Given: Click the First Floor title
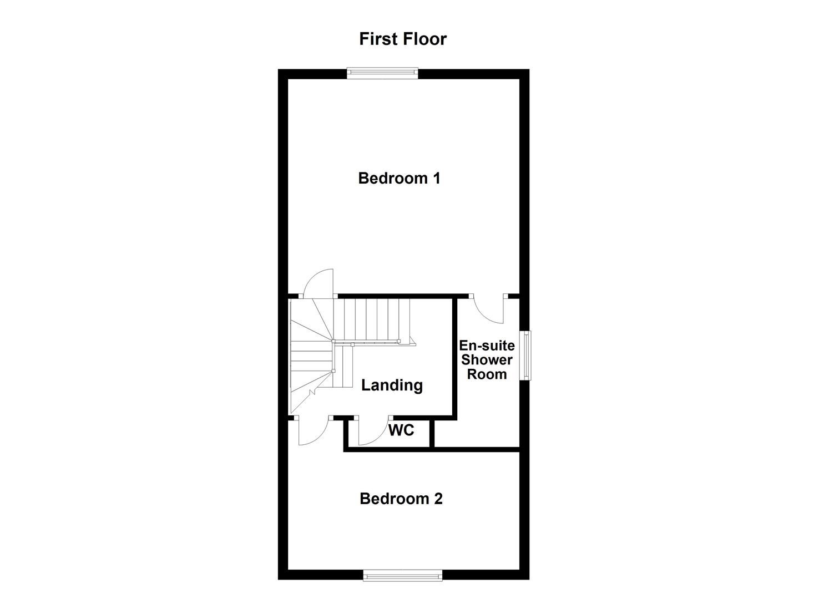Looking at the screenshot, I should coord(402,39).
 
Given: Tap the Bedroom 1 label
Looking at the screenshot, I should coord(399,178).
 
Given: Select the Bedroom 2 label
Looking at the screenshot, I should coord(401,499).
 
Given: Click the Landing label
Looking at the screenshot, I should coord(392,385).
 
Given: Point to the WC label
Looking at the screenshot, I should coord(401,430).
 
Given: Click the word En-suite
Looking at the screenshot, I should coord(487,346).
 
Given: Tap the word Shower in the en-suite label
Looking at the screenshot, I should coord(487,360).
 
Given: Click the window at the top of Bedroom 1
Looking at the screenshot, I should coord(382,71).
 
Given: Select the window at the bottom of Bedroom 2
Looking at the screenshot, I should coord(402,576).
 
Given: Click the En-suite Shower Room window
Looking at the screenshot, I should coord(524,356).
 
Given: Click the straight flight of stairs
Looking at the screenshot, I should coord(376,319).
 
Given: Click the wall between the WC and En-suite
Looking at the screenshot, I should coord(432,433).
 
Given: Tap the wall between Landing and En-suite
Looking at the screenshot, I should coord(454,355).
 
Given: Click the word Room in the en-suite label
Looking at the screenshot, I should coord(487,374).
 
